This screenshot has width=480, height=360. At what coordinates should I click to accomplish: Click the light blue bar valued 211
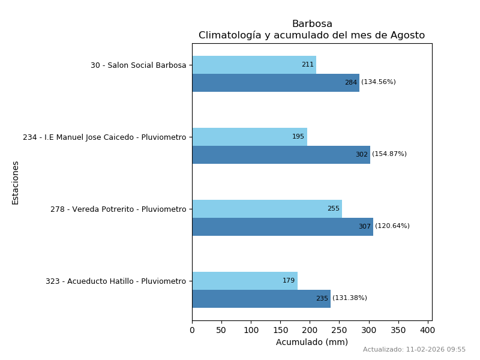(x=254, y=65)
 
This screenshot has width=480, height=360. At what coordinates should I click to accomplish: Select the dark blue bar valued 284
(x=275, y=83)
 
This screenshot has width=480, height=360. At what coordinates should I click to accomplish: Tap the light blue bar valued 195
(x=250, y=137)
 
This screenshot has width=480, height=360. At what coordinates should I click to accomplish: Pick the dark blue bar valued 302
(x=281, y=155)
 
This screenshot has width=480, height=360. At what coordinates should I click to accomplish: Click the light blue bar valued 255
(x=267, y=209)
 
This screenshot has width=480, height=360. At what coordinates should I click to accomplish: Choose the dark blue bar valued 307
(x=283, y=227)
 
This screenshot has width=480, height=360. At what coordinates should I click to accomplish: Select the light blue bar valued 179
(x=245, y=281)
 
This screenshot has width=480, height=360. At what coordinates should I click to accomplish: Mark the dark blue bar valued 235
(x=261, y=299)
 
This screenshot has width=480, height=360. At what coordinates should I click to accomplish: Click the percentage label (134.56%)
(x=379, y=82)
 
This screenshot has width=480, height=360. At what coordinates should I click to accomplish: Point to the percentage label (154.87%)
(x=389, y=154)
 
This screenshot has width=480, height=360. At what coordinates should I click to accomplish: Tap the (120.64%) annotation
(x=392, y=226)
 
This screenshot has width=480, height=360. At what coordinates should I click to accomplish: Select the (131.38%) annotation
(x=350, y=298)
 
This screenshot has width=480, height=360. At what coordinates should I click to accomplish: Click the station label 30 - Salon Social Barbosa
(x=139, y=65)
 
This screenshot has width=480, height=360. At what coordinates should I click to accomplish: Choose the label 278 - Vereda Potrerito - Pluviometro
(x=118, y=209)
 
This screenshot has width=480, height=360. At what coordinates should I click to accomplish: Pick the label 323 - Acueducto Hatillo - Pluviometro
(x=116, y=281)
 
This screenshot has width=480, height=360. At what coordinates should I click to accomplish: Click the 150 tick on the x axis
(x=280, y=330)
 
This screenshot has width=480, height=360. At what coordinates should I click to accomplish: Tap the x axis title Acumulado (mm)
(x=312, y=342)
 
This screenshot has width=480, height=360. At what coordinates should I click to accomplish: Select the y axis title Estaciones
(x=16, y=182)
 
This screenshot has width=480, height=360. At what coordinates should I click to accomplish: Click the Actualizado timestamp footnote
(x=414, y=350)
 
